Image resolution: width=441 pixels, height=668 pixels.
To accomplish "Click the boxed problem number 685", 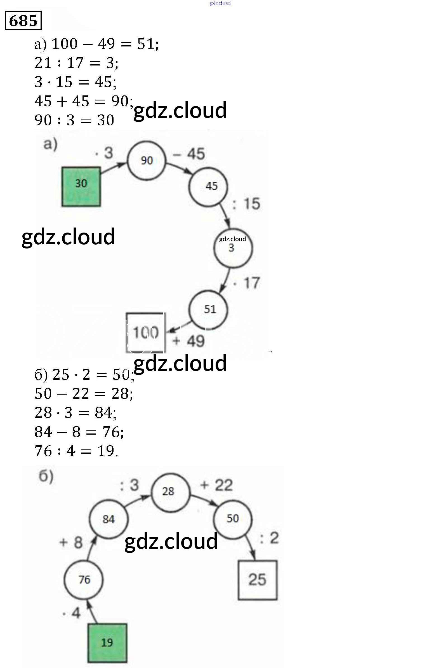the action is [23, 20].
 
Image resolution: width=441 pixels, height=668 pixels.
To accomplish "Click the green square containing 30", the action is [81, 187].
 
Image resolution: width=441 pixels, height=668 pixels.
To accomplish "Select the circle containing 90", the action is [147, 161].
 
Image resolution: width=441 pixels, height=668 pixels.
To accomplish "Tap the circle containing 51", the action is [208, 310].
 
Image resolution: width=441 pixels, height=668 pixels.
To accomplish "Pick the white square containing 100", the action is [145, 332].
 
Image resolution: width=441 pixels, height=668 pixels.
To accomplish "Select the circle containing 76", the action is [84, 580].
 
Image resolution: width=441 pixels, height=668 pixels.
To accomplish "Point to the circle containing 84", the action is [109, 519].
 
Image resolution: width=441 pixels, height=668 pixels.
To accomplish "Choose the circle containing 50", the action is [233, 519].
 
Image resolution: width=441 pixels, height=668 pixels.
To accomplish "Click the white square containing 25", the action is [257, 580].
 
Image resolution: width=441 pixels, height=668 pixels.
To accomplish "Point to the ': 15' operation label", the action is [247, 204].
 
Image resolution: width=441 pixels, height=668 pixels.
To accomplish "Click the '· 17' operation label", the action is [247, 283].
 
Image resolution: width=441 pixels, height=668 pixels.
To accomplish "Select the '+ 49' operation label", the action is [189, 341].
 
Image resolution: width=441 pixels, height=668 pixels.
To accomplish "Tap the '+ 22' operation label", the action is [216, 485].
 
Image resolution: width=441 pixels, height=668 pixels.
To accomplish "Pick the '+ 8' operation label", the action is [71, 543].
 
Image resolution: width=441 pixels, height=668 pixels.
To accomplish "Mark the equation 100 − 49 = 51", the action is [96, 44].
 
